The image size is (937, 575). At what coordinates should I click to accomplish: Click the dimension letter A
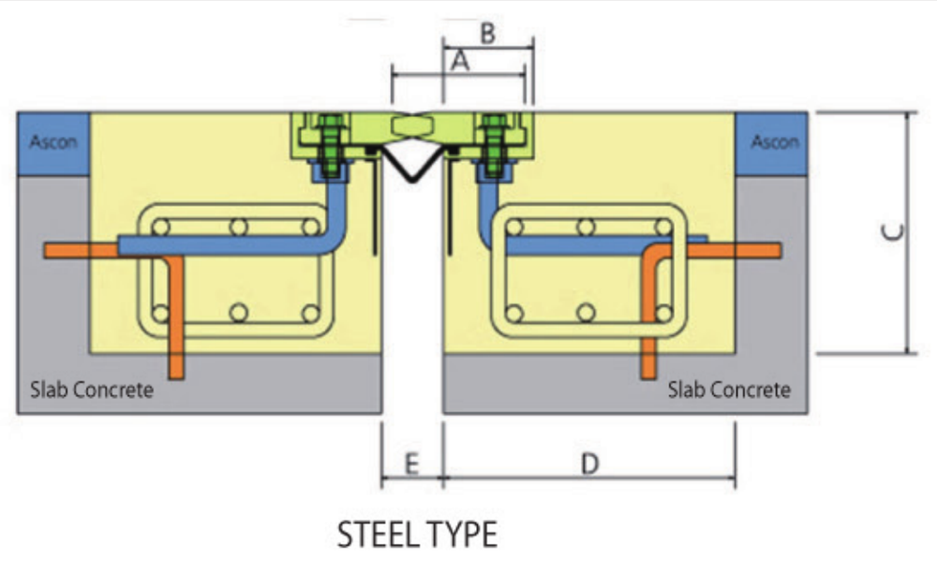459,62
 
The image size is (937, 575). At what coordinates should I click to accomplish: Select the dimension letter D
589,464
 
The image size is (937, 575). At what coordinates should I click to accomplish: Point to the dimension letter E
410,464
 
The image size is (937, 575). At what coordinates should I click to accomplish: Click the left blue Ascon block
53,142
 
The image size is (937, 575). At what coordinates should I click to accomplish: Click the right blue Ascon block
772,142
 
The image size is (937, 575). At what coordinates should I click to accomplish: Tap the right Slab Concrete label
729,389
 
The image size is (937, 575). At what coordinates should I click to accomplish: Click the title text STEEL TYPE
417,535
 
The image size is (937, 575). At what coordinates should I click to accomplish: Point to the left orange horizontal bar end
56,250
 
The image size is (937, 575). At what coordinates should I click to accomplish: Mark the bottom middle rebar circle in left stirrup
239,313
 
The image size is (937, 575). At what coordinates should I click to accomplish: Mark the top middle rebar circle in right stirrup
587,227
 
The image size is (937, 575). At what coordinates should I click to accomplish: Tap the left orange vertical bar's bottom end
177,370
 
